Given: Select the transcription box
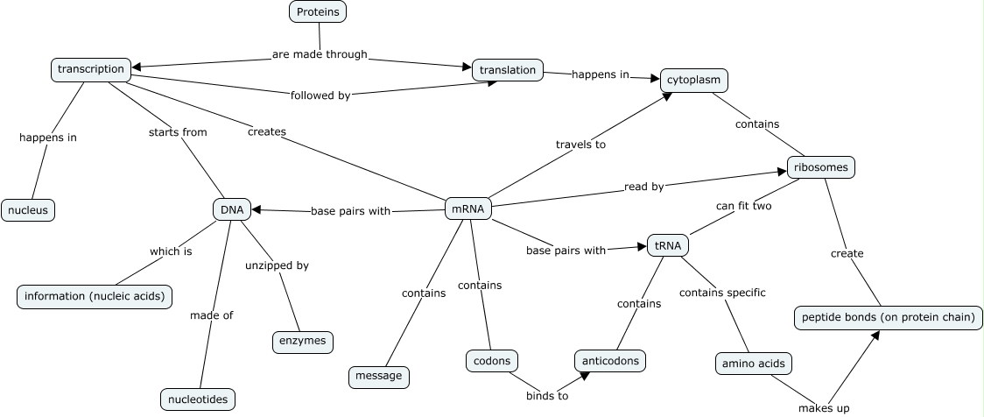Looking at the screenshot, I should click(x=92, y=69).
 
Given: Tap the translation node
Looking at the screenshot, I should click(x=508, y=70).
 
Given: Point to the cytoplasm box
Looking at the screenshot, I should click(x=693, y=80).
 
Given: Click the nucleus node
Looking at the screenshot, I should click(x=28, y=210).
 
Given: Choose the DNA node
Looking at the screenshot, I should click(x=232, y=209).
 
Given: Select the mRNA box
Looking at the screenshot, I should click(x=469, y=208).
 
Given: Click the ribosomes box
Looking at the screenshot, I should click(x=819, y=166).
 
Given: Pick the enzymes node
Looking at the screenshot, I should click(x=303, y=342).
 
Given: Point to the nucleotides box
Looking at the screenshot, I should click(x=198, y=399).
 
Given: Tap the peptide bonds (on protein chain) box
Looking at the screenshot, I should click(x=888, y=317).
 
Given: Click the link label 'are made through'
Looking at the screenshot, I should click(x=320, y=54).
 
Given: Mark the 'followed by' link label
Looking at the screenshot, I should click(x=320, y=95).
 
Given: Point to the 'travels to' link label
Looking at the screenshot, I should click(x=580, y=144).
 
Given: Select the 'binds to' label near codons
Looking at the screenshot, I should click(x=547, y=396).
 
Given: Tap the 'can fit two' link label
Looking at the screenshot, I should click(x=743, y=206).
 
